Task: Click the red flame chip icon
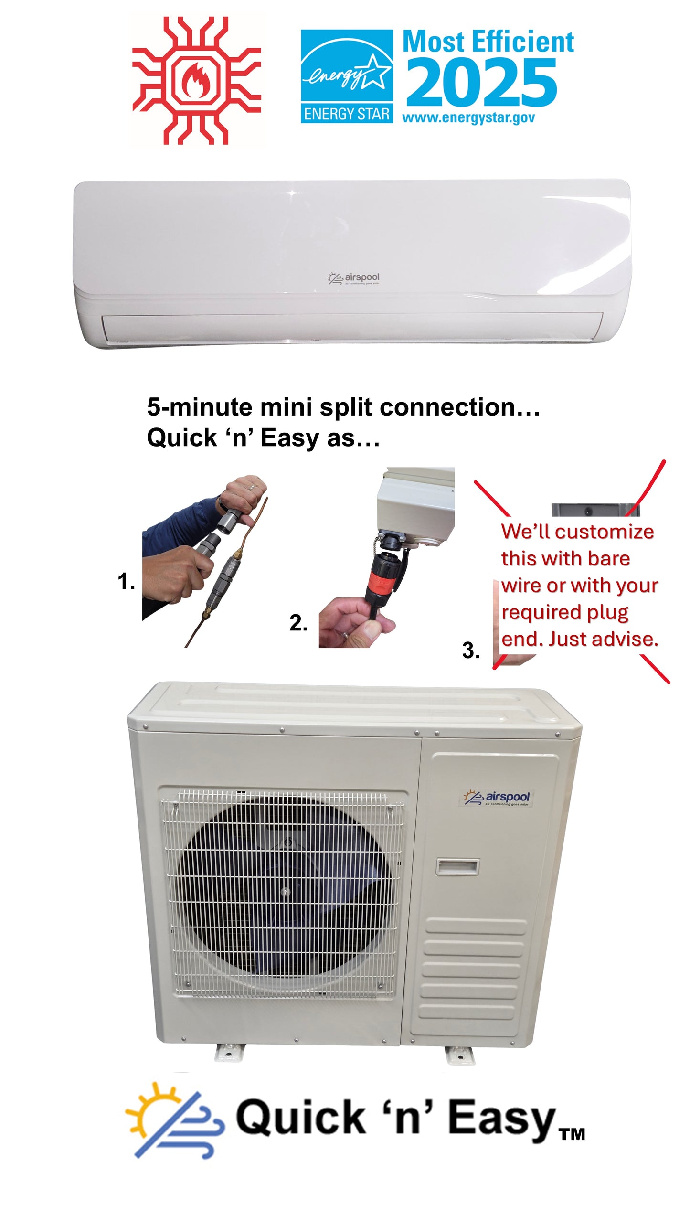tap(196, 80)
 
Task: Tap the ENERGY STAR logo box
tap(347, 76)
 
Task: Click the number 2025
tap(481, 83)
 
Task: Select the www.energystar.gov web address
tap(468, 118)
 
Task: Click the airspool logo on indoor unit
tap(354, 278)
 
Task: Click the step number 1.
tap(126, 582)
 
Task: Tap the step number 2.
tap(298, 623)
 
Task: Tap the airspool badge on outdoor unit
tap(497, 797)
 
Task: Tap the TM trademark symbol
tap(572, 1134)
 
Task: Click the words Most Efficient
tap(488, 42)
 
